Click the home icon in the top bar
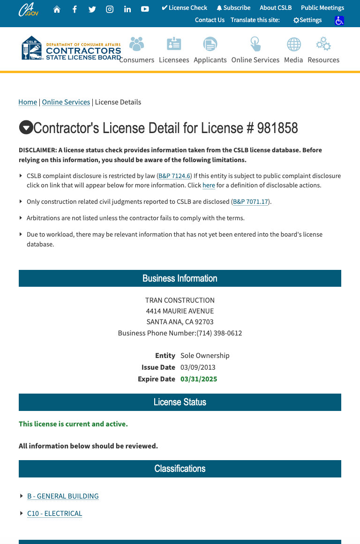coord(57,9)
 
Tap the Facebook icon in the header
coord(75,9)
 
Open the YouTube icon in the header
coord(145,9)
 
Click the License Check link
coord(184,8)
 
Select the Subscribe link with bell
coord(233,8)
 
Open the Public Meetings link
coord(322,8)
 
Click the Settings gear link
coord(307,20)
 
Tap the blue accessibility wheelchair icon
coord(339,21)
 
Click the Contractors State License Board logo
coord(71,48)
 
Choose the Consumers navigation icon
coord(137,45)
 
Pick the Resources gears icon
coord(323,45)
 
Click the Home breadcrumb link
coord(28,102)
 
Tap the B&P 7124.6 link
coord(174,176)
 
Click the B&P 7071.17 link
coord(250,202)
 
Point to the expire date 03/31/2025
coord(199,379)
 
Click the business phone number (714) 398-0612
coord(219,333)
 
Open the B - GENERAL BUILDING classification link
coord(63,496)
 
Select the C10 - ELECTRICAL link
coord(54,514)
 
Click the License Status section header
coord(180,402)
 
